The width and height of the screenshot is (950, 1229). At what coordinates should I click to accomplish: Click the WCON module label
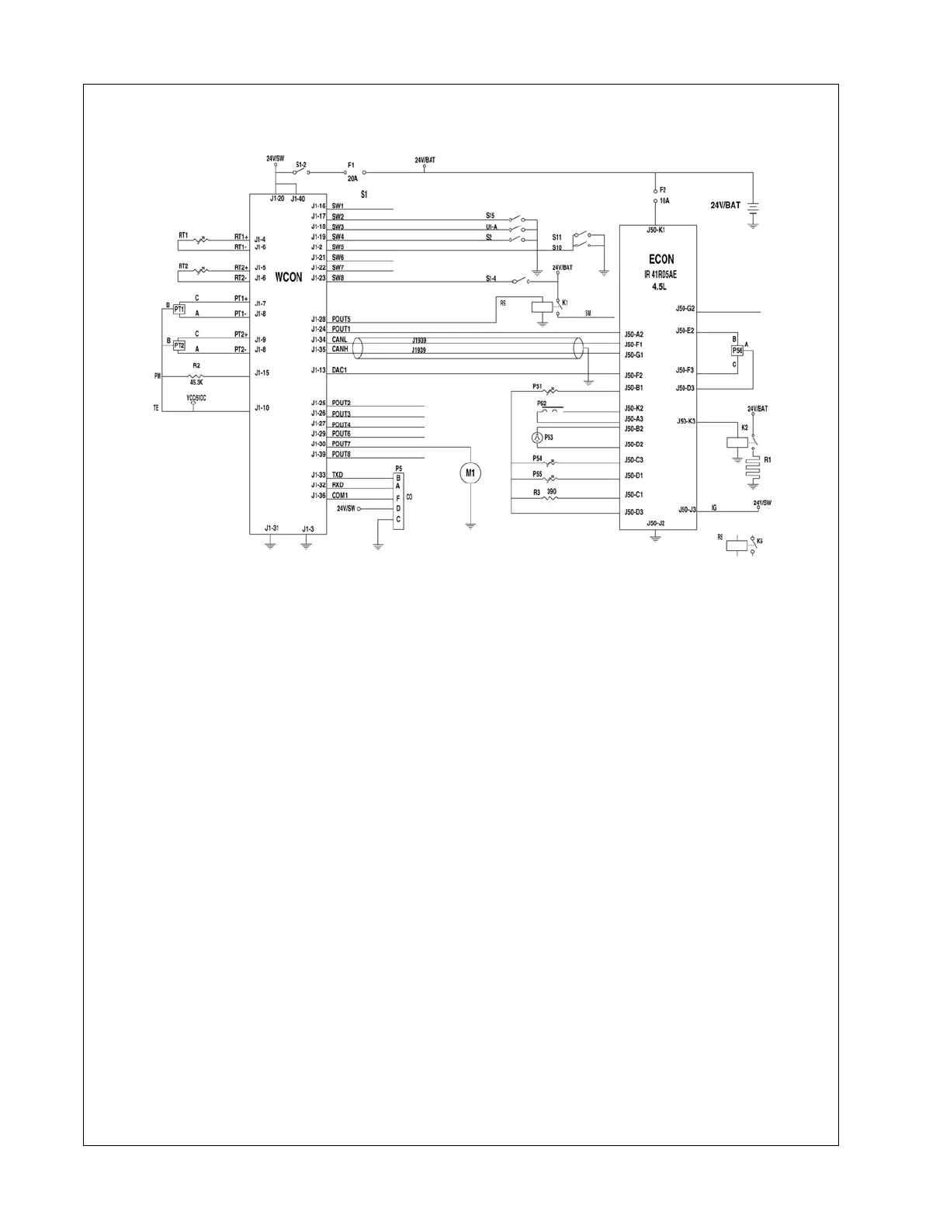(288, 277)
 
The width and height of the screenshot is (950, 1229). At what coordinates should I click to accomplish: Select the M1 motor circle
(470, 473)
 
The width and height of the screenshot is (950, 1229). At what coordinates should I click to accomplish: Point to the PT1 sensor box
(179, 310)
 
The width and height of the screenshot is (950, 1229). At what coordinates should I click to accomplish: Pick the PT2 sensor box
(179, 345)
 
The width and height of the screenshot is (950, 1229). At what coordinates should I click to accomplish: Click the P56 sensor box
(737, 351)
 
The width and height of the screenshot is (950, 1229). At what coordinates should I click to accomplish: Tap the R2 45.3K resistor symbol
(196, 376)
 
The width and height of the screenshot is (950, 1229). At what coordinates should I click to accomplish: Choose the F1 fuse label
(351, 164)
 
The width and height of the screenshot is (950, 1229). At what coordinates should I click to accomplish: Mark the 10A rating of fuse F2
(664, 200)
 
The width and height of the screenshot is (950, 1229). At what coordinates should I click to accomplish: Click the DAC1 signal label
(339, 370)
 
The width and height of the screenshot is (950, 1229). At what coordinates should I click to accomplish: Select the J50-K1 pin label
(656, 230)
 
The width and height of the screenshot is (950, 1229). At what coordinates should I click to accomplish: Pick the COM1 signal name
(340, 495)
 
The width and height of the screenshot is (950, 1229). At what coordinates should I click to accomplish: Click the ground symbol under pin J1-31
(270, 545)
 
